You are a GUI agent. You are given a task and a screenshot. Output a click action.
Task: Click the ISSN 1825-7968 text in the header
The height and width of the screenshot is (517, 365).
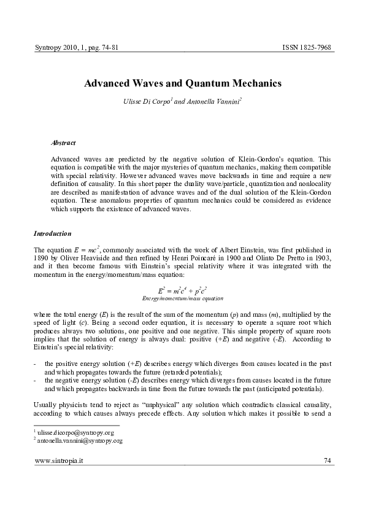(x=307, y=47)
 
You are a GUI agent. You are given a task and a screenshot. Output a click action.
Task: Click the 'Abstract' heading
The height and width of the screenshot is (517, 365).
(x=63, y=142)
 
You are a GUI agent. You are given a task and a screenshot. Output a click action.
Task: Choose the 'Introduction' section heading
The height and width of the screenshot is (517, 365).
(x=52, y=234)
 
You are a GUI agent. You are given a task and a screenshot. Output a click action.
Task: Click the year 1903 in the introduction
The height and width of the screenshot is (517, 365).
(x=324, y=259)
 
